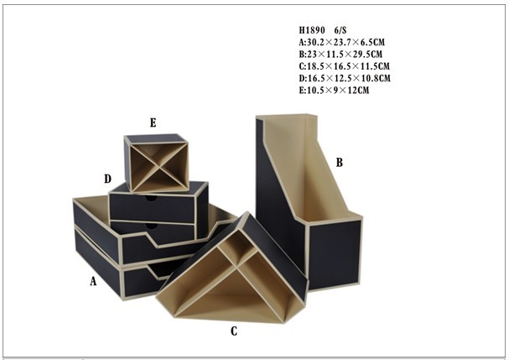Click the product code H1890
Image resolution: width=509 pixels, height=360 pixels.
pyautogui.click(x=312, y=30)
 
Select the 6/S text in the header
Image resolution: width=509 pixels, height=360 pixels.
pyautogui.click(x=340, y=30)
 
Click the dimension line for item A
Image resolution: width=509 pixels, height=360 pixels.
pyautogui.click(x=342, y=42)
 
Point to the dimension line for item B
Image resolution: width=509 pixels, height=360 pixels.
pyautogui.click(x=340, y=54)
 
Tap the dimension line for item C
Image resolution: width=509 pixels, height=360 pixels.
pyautogui.click(x=344, y=66)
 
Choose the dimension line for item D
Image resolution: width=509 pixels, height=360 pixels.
pyautogui.click(x=345, y=78)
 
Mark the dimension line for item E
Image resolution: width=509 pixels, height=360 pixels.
pyautogui.click(x=334, y=90)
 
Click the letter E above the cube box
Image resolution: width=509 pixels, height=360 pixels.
pyautogui.click(x=153, y=123)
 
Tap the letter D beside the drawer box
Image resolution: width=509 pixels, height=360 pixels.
pyautogui.click(x=108, y=179)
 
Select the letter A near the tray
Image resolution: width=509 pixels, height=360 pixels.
pyautogui.click(x=93, y=281)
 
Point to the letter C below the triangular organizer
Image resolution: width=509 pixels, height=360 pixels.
pyautogui.click(x=234, y=331)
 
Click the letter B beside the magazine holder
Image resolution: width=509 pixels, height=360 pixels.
pyautogui.click(x=340, y=162)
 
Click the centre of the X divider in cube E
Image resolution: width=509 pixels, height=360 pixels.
pyautogui.click(x=159, y=167)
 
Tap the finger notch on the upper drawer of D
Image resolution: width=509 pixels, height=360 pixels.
pyautogui.click(x=150, y=198)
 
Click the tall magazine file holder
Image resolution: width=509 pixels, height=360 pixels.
pyautogui.click(x=309, y=201)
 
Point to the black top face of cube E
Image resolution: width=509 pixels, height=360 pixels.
pyautogui.click(x=156, y=138)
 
